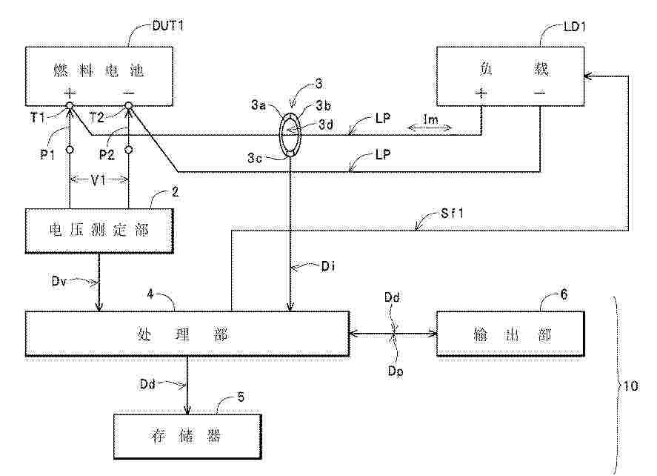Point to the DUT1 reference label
pyautogui.click(x=167, y=26)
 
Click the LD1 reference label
pyautogui.click(x=575, y=27)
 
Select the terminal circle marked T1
pyautogui.click(x=70, y=106)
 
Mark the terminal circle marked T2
pyautogui.click(x=129, y=106)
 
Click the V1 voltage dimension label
pyautogui.click(x=98, y=181)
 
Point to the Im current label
pyautogui.click(x=430, y=119)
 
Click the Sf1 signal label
pyautogui.click(x=452, y=213)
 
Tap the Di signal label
pyautogui.click(x=328, y=266)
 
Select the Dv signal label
pyautogui.click(x=59, y=280)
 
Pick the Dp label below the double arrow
pyautogui.click(x=395, y=371)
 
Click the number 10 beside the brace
pyautogui.click(x=631, y=386)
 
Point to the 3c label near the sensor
pyautogui.click(x=254, y=158)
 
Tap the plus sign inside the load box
pyautogui.click(x=481, y=93)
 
